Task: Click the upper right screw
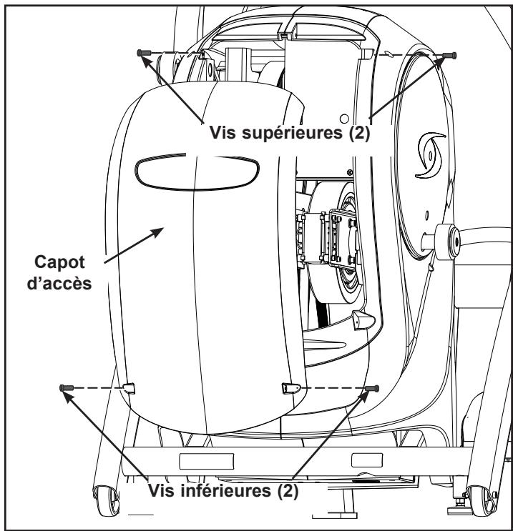coord(449,55)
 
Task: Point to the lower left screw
coord(65,387)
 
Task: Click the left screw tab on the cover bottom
coord(128,387)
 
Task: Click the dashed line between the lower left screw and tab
coord(97,387)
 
